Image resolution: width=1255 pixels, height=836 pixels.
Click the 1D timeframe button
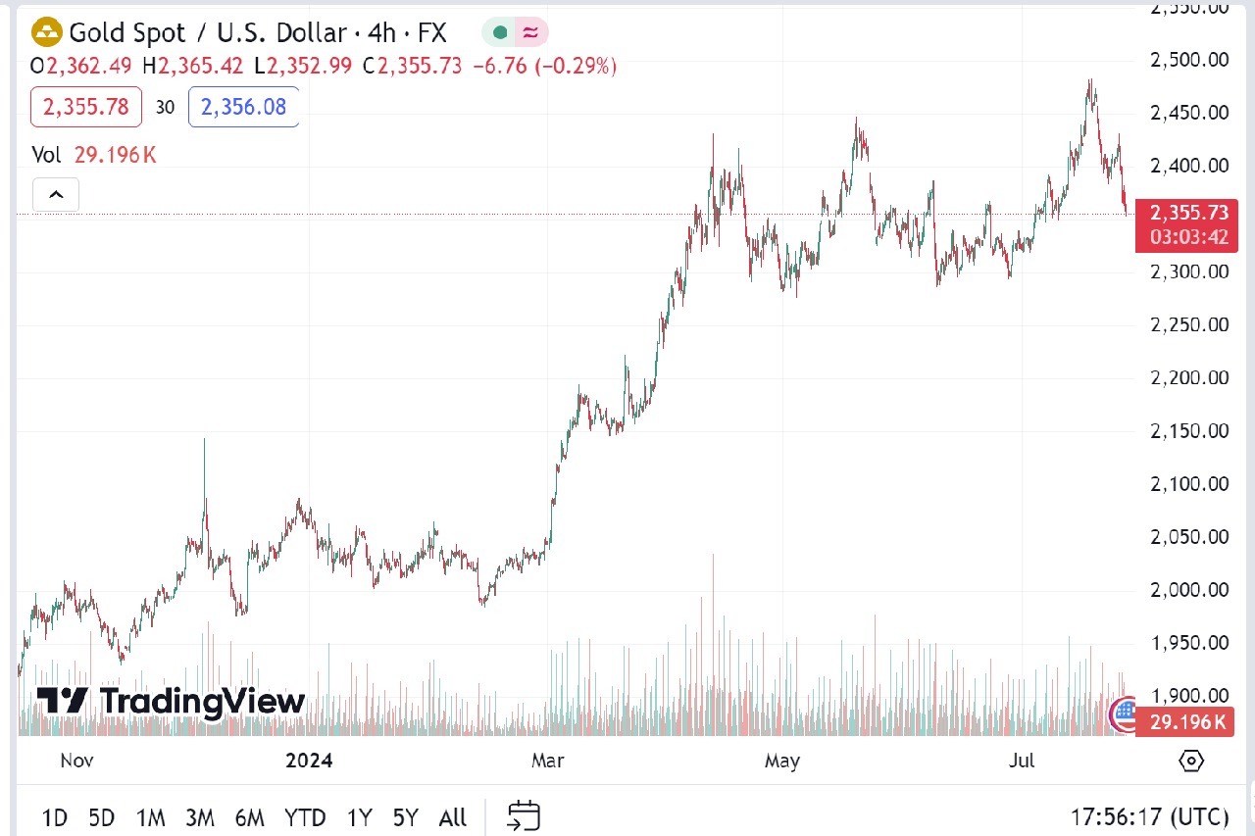tap(55, 816)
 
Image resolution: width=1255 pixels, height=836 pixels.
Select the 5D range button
tap(101, 816)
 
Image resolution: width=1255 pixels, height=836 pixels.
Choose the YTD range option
tap(305, 816)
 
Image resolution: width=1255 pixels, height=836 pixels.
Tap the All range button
tap(452, 816)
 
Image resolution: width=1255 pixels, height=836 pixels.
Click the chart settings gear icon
tap(1191, 760)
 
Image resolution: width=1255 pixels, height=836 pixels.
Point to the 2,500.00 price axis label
tap(1188, 60)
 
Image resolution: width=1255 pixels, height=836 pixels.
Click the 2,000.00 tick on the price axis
tap(1188, 590)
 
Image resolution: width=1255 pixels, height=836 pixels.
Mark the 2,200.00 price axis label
tap(1188, 377)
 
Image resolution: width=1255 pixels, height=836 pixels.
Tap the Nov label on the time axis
tap(76, 761)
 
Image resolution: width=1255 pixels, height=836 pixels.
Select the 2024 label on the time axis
tap(309, 761)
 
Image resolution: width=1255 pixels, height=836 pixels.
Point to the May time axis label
tap(782, 761)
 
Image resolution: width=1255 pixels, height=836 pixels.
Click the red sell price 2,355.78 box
tap(86, 107)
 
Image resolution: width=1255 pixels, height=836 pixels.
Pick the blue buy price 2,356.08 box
tap(243, 107)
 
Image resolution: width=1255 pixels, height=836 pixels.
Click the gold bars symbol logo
tap(46, 33)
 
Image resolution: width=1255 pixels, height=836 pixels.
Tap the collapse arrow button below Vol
tap(56, 195)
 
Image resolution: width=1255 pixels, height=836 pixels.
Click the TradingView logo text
tap(172, 702)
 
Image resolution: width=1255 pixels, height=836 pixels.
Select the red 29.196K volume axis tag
tap(1186, 722)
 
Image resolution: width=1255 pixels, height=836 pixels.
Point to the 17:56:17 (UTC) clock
tap(1149, 816)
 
